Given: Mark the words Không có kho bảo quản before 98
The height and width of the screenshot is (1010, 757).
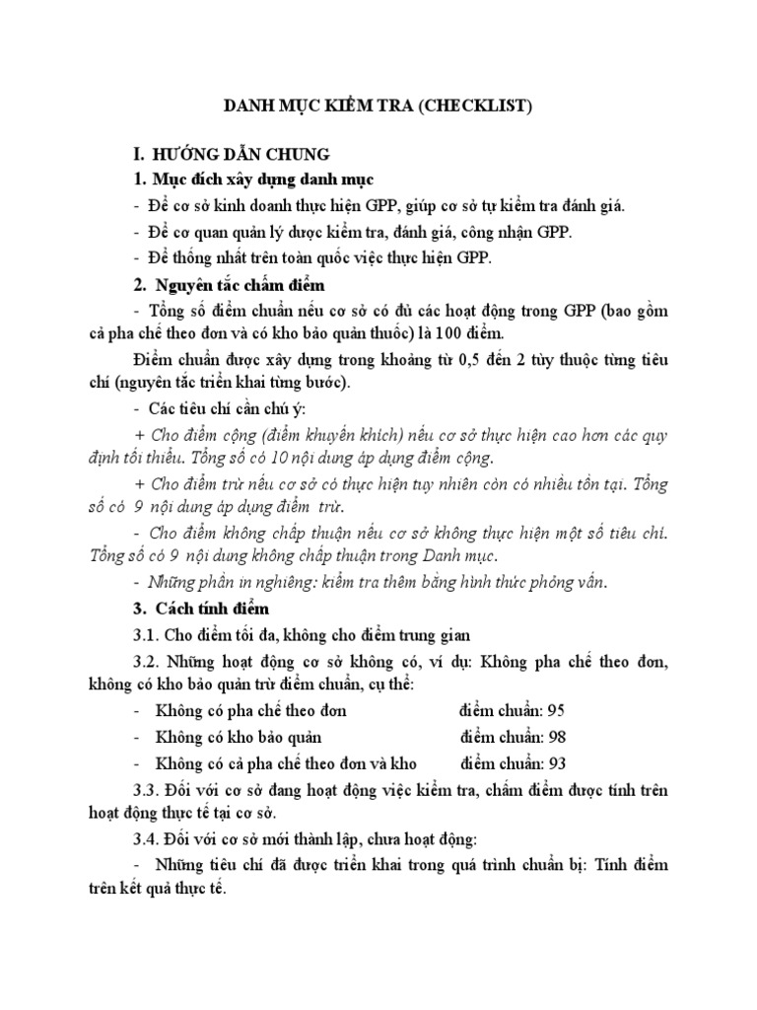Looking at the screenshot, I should pyautogui.click(x=239, y=737).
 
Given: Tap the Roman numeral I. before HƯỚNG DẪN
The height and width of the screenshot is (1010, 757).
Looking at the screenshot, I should pyautogui.click(x=140, y=154).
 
